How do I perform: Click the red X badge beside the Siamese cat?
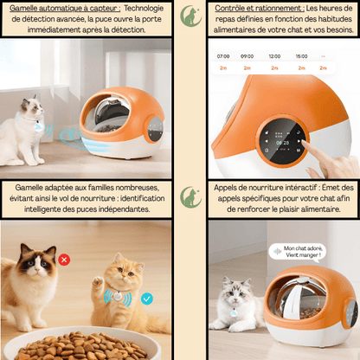[x=66, y=259]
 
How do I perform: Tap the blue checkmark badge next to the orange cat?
[x=147, y=299]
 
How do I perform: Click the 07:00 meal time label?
[x=223, y=55]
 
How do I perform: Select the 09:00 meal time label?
[x=247, y=55]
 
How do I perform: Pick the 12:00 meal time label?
[x=274, y=55]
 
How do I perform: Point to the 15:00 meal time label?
[x=300, y=55]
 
